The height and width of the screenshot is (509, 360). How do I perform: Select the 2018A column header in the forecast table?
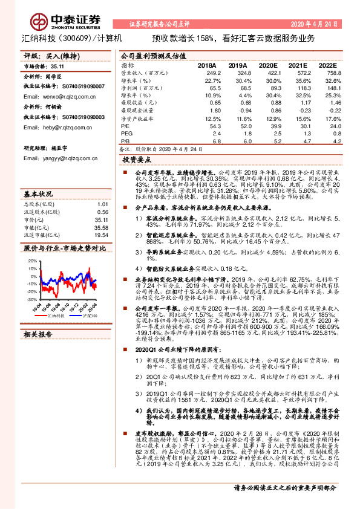tap(206, 65)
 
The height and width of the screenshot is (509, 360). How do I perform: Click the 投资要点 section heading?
tap(138, 160)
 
